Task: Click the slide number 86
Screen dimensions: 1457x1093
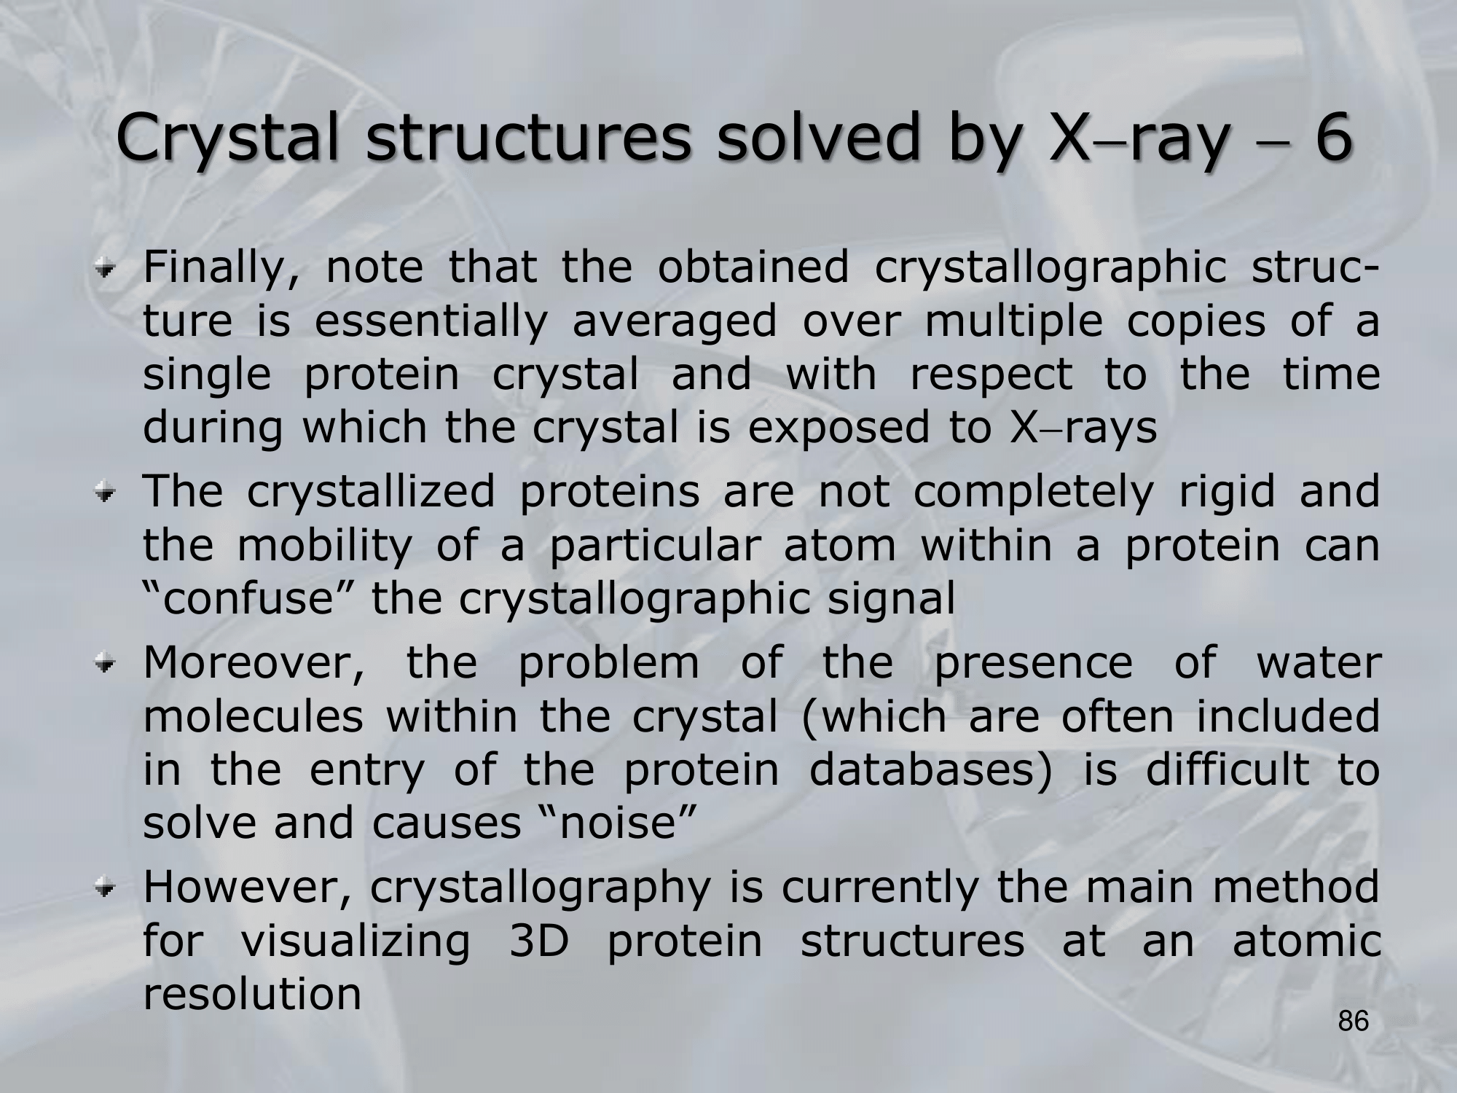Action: coord(1354,1022)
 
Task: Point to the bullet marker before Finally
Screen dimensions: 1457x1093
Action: coord(108,270)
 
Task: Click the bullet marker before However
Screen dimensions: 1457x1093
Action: coord(108,890)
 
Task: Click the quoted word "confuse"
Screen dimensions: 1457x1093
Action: coord(248,599)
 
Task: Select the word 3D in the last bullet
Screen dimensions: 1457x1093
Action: coord(537,942)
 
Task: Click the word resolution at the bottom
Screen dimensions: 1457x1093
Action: coord(252,995)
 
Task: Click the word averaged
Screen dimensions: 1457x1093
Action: coord(675,324)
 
